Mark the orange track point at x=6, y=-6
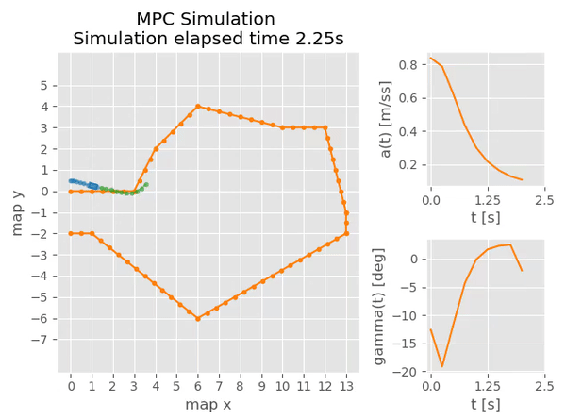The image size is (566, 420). (198, 318)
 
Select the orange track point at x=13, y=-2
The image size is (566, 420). (346, 233)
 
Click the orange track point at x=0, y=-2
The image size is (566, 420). (71, 233)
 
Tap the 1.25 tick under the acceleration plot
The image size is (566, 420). (487, 201)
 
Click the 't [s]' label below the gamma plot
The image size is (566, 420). (487, 404)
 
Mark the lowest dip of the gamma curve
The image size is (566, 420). (441, 366)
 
